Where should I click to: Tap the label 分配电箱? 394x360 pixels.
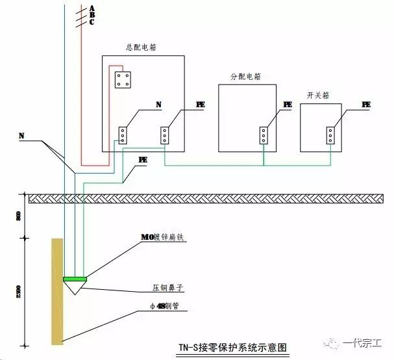tap(245, 76)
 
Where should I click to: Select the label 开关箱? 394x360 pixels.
tap(317, 95)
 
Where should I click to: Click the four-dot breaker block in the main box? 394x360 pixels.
tap(123, 79)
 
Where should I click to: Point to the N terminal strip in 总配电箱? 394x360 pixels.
tap(122, 135)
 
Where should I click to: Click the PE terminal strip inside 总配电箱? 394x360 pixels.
tap(165, 135)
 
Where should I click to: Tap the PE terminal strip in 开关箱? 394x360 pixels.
tap(330, 135)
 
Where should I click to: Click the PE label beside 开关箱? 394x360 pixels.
tap(366, 105)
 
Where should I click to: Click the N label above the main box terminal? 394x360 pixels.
tap(159, 105)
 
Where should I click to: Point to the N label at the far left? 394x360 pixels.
tap(21, 136)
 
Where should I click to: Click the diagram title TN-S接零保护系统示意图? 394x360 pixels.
tap(232, 348)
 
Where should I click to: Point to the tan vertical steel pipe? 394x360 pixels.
tap(57, 292)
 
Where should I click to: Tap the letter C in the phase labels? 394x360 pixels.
tap(92, 22)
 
